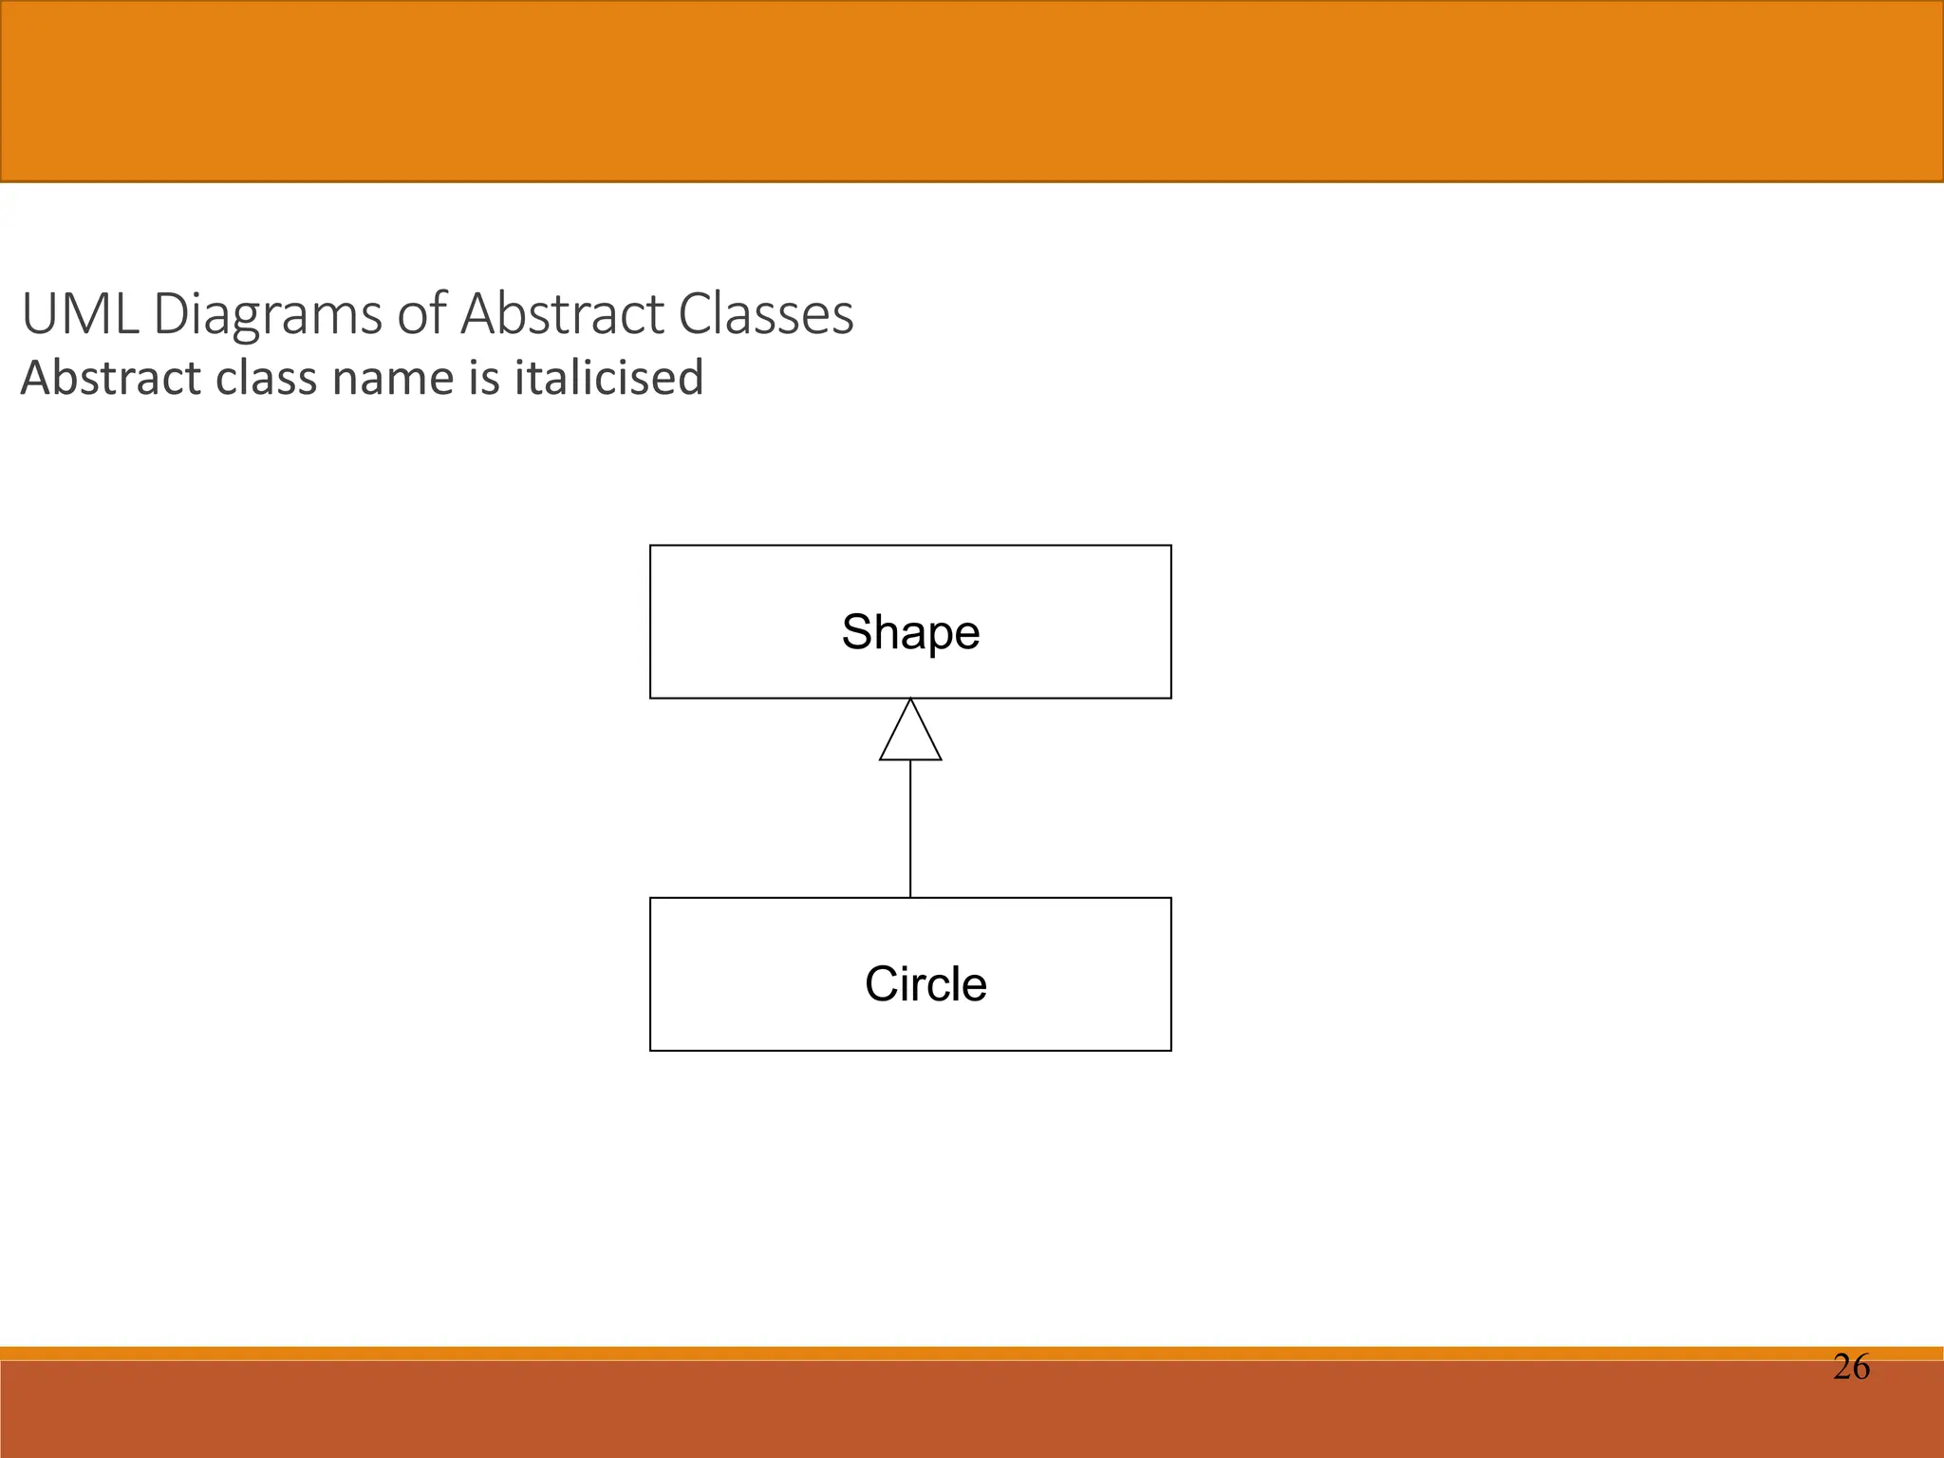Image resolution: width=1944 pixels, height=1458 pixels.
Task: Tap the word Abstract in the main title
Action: (562, 314)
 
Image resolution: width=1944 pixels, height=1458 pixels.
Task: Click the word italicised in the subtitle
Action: (608, 378)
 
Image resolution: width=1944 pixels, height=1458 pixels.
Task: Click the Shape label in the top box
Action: (910, 632)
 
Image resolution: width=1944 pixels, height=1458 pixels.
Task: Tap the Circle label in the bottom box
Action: (925, 984)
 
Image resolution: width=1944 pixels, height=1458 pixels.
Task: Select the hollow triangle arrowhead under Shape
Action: (910, 737)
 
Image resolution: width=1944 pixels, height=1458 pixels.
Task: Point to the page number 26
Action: (1851, 1367)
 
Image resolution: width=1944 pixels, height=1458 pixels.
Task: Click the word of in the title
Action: (421, 314)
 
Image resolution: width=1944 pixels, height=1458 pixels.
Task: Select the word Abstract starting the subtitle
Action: (112, 378)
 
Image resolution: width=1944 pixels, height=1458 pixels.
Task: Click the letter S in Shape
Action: (857, 632)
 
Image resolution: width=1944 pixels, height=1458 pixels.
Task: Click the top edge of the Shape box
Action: (910, 546)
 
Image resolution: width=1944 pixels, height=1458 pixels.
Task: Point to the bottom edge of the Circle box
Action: (910, 1050)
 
